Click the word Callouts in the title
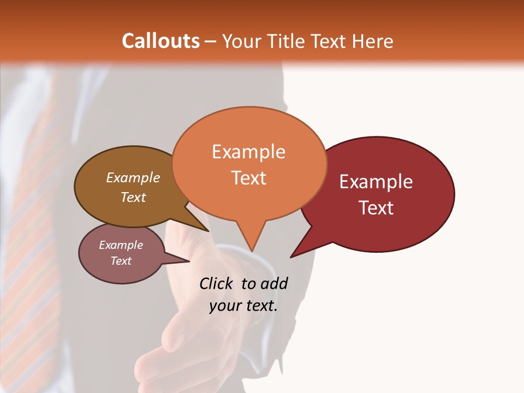tap(160, 41)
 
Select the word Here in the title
tap(373, 41)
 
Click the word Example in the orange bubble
tap(248, 152)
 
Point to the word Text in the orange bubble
tap(249, 178)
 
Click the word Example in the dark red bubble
tap(376, 182)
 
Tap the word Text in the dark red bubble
tap(377, 208)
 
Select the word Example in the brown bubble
tap(133, 177)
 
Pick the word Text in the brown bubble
tap(133, 197)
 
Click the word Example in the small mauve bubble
tap(121, 245)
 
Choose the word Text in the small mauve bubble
tap(121, 261)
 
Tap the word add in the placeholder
tap(274, 283)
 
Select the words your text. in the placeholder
tap(243, 306)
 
